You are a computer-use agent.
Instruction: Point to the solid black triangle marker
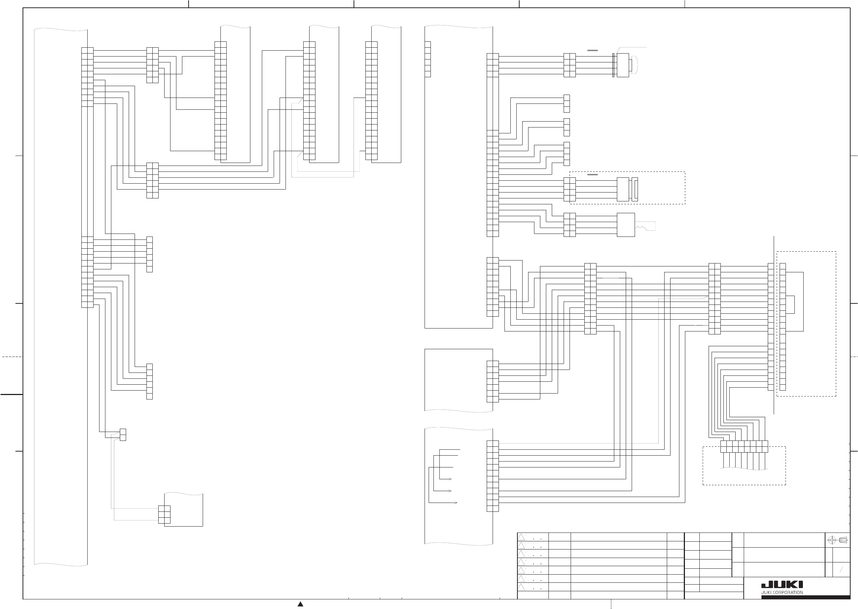(300, 604)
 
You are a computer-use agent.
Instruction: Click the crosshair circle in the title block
(831, 540)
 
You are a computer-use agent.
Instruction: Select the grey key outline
(646, 227)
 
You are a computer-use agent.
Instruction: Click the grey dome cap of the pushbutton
(634, 65)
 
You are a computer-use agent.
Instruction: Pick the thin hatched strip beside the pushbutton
(613, 65)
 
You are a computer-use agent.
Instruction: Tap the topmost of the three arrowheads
(449, 479)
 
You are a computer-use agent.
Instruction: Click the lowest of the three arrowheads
(456, 503)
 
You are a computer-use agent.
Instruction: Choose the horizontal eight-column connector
(744, 447)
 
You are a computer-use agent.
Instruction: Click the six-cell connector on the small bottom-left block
(164, 514)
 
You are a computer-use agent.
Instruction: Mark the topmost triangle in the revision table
(521, 537)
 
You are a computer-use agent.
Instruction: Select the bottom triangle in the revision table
(521, 587)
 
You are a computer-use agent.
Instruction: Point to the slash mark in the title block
(841, 570)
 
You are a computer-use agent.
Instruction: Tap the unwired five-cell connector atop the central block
(428, 59)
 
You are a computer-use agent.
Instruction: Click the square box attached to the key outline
(626, 225)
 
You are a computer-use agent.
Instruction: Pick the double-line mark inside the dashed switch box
(592, 174)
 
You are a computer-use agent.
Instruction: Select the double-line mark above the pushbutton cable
(592, 50)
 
